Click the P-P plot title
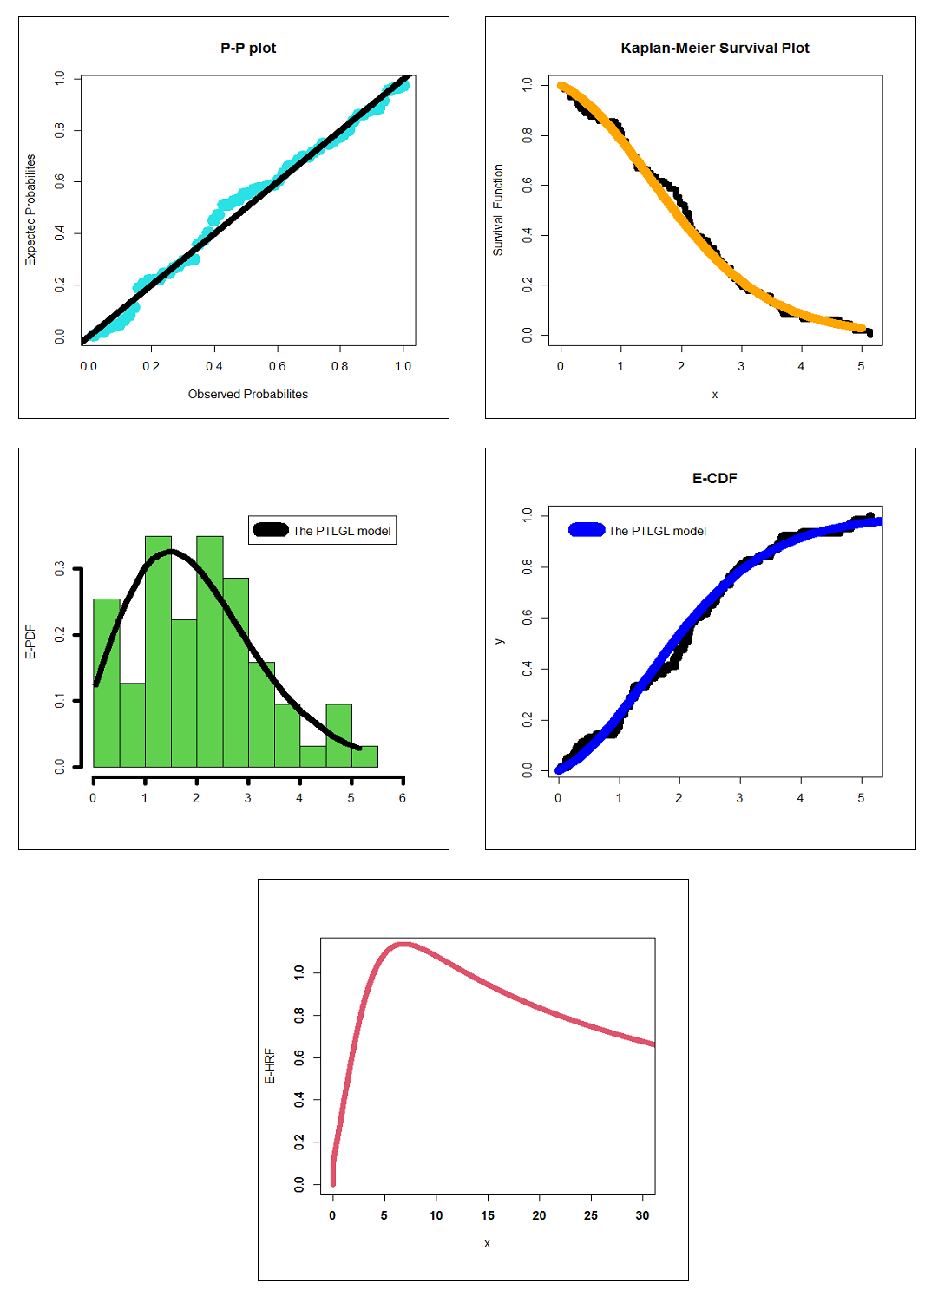point(248,48)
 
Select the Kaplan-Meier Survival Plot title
point(714,48)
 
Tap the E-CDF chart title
point(714,478)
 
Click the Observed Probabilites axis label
point(247,394)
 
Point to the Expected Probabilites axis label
point(30,210)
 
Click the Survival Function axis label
point(498,210)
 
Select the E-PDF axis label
point(30,642)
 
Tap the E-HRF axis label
point(270,1066)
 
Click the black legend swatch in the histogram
point(270,530)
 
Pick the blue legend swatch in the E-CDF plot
point(587,530)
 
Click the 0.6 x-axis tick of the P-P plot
point(277,366)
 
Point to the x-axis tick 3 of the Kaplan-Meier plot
point(741,366)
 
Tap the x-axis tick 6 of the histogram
point(403,797)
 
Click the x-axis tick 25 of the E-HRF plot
point(591,1215)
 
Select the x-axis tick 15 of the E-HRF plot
point(488,1215)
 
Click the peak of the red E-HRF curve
point(403,944)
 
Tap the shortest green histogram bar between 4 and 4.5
point(312,756)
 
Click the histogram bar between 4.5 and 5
point(338,736)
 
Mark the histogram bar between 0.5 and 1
point(132,725)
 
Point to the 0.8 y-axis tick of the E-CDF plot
point(527,566)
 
